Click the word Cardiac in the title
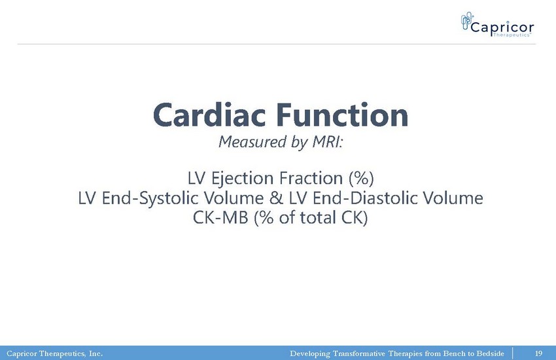[209, 115]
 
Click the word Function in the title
[342, 115]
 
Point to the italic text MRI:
[327, 141]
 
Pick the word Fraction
[311, 177]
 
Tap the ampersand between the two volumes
[276, 198]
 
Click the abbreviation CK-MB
[220, 217]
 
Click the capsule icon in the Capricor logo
[467, 20]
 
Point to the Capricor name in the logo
[502, 27]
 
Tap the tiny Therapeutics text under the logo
[512, 35]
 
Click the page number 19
[538, 353]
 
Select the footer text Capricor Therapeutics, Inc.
[54, 353]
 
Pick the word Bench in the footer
[454, 353]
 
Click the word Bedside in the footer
[490, 353]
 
